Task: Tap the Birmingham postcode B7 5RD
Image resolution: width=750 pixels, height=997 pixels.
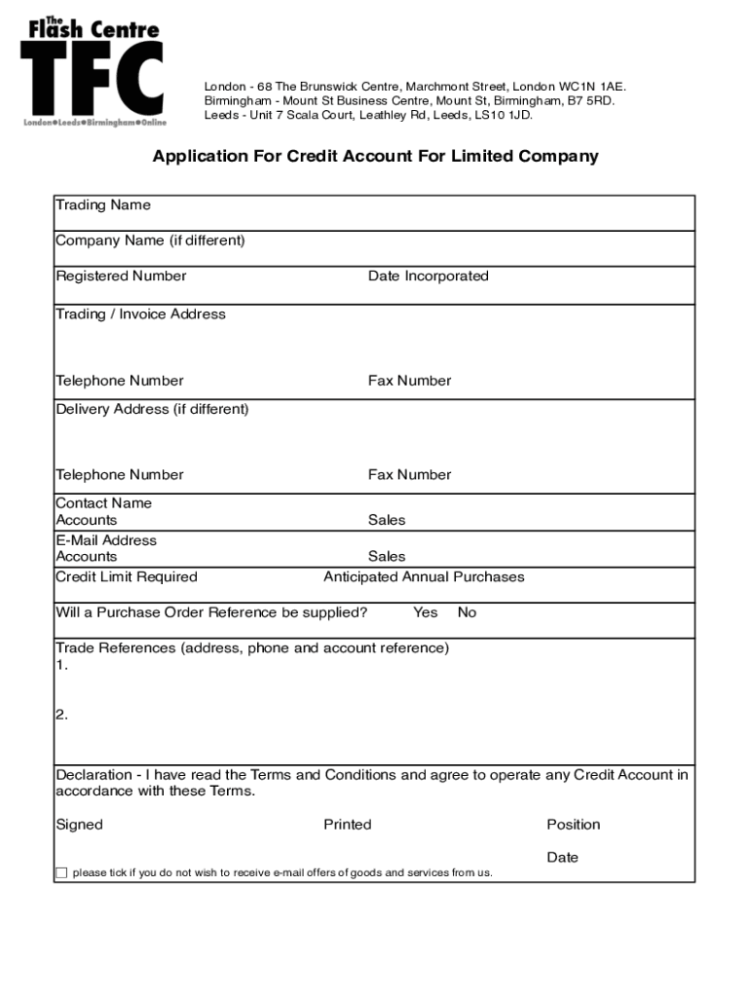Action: click(591, 100)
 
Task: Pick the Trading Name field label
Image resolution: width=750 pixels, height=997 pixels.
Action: click(103, 204)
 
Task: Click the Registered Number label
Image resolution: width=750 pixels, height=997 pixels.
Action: click(121, 276)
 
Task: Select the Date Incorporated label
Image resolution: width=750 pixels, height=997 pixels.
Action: click(428, 276)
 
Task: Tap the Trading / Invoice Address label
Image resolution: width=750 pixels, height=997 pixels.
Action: click(140, 314)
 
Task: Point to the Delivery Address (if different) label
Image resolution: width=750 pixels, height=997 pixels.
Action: click(152, 409)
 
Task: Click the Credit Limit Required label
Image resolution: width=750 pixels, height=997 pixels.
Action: click(127, 576)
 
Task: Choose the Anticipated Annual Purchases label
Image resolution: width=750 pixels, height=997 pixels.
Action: click(424, 576)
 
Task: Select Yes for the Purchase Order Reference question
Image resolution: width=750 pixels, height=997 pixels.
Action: click(426, 612)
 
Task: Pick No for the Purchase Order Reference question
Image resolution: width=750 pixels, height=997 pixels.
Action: click(468, 612)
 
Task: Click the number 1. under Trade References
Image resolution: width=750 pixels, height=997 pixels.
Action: click(62, 665)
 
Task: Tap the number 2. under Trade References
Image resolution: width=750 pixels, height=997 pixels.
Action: click(62, 714)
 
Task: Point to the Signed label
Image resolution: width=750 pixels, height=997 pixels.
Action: click(79, 825)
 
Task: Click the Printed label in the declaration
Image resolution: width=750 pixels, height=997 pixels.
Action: click(348, 825)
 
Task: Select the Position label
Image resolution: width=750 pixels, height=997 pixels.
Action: click(574, 825)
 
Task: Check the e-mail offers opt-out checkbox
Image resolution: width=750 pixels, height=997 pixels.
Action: click(61, 872)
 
